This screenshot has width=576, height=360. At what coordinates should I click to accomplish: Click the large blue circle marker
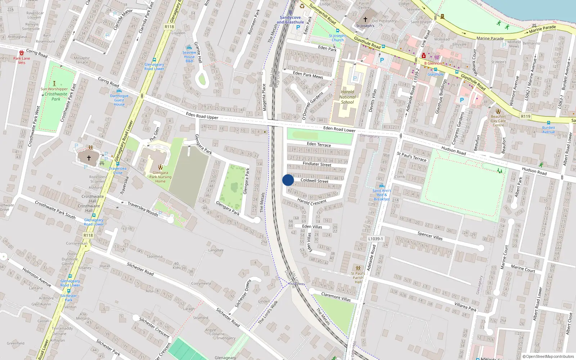pyautogui.click(x=288, y=180)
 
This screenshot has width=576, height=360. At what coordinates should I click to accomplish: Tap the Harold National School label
pyautogui.click(x=347, y=97)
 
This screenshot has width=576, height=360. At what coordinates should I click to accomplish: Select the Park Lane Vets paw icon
pyautogui.click(x=22, y=53)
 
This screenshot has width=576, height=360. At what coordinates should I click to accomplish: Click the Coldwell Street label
pyautogui.click(x=314, y=180)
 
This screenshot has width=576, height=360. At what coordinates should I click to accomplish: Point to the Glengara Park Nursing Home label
pyautogui.click(x=160, y=177)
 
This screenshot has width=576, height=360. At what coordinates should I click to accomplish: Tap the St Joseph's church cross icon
pyautogui.click(x=365, y=19)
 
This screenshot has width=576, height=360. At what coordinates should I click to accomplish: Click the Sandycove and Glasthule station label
pyautogui.click(x=290, y=20)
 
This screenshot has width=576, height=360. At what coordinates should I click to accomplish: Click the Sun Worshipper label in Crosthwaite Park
pyautogui.click(x=54, y=89)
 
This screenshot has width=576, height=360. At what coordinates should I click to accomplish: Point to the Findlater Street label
pyautogui.click(x=317, y=164)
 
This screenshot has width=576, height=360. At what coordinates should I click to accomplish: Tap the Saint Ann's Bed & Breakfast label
pyautogui.click(x=382, y=195)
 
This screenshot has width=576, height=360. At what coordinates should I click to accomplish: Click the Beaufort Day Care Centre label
pyautogui.click(x=498, y=121)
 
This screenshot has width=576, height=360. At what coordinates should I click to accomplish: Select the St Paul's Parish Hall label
pyautogui.click(x=358, y=278)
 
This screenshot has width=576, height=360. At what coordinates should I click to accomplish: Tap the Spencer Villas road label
pyautogui.click(x=430, y=236)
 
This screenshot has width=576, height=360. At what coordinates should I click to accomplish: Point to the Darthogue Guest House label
pyautogui.click(x=119, y=100)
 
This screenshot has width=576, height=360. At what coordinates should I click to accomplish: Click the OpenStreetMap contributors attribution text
pyautogui.click(x=548, y=356)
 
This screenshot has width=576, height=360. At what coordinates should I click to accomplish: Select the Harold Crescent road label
pyautogui.click(x=312, y=202)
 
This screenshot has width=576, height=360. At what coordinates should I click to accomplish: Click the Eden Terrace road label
pyautogui.click(x=319, y=144)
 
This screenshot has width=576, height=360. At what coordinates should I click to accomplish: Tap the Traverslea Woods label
pyautogui.click(x=143, y=208)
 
